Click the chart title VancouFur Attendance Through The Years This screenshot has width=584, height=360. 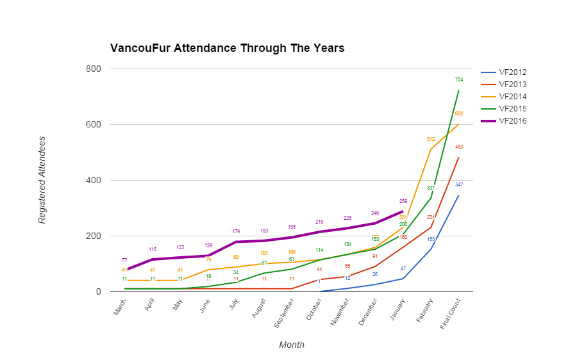click(x=227, y=49)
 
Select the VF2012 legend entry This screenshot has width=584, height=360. click(x=512, y=72)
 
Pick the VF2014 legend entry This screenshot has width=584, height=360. click(x=512, y=97)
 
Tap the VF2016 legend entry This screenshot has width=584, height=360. click(x=512, y=121)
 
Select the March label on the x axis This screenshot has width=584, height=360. click(x=120, y=310)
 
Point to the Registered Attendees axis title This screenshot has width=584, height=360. click(x=42, y=179)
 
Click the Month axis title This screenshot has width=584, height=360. click(x=292, y=345)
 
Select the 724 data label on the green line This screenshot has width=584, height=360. click(x=459, y=80)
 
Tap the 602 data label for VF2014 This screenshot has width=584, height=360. click(x=459, y=113)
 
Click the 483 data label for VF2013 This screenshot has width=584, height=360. click(x=459, y=147)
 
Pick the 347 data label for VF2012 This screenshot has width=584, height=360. click(x=459, y=184)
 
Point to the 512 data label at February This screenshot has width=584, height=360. click(x=431, y=138)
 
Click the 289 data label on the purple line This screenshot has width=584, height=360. click(x=403, y=201)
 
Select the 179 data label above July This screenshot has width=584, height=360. click(x=236, y=231)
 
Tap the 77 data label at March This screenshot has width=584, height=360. click(x=124, y=260)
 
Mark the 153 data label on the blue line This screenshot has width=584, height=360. click(x=431, y=239)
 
